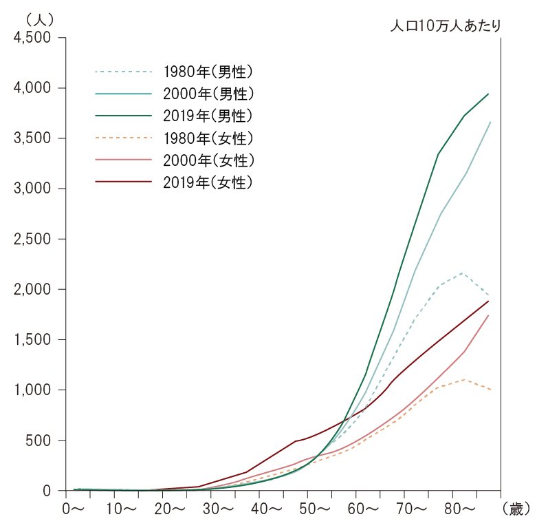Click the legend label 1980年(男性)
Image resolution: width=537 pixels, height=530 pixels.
[x=209, y=71]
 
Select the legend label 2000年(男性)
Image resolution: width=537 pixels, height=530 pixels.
[x=209, y=93]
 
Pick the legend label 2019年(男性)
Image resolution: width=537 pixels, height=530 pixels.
[x=209, y=115]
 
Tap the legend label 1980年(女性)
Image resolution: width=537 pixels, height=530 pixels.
[x=209, y=138]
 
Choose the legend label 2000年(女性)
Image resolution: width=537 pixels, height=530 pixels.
[x=209, y=160]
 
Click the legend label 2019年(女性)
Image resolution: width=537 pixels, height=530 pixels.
[x=209, y=182]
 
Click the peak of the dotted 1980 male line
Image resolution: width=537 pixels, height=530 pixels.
[x=463, y=273]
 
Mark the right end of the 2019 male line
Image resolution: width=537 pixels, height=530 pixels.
[x=488, y=94]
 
